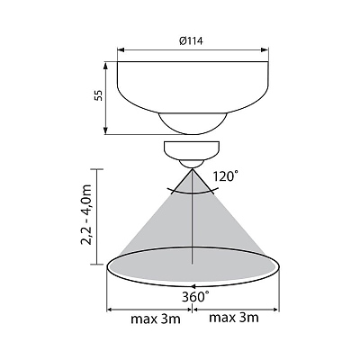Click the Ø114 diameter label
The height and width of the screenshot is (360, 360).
tap(191, 40)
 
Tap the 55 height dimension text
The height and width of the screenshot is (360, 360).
tap(99, 95)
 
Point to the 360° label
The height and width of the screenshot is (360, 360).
tap(194, 297)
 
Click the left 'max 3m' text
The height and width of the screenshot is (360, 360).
tap(156, 319)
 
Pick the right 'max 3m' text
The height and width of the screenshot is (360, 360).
tap(234, 318)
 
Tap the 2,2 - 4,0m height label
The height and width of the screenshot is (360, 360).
tap(85, 215)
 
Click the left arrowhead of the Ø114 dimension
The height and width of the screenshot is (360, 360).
tap(121, 49)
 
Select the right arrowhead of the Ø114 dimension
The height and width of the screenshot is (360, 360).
tap(265, 49)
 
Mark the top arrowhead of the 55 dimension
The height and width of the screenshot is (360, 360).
tap(105, 66)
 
